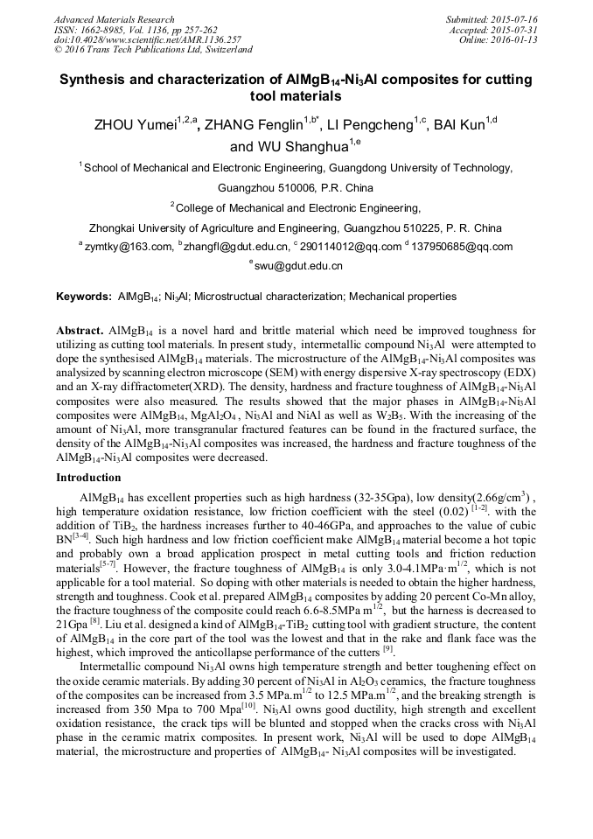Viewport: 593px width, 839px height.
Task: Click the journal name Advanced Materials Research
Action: [x=114, y=19]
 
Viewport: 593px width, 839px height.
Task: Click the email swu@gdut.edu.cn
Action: [x=299, y=265]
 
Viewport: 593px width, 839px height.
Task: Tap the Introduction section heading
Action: [x=89, y=478]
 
